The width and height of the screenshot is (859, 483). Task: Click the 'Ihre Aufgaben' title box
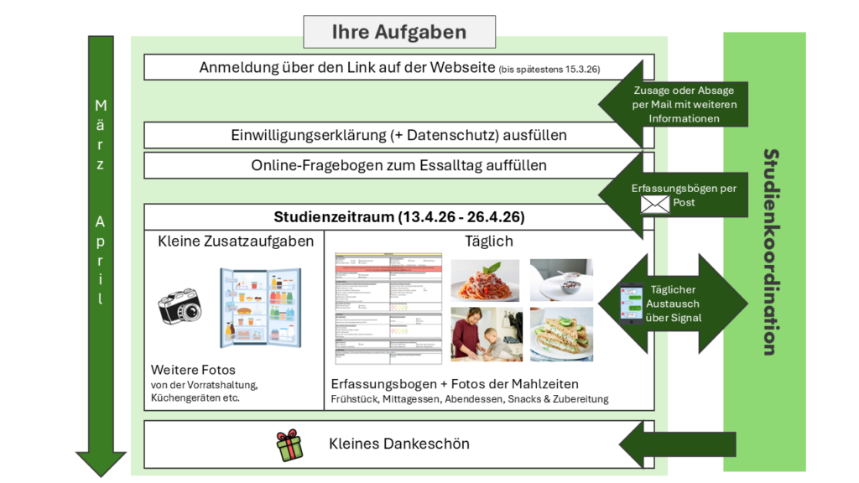(x=398, y=33)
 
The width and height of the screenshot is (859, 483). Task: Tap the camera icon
(x=180, y=307)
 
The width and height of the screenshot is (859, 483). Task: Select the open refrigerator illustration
(x=260, y=307)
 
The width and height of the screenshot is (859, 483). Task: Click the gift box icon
(x=289, y=445)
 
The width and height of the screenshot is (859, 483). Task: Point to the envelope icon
(x=655, y=204)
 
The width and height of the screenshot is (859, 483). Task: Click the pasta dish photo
(x=485, y=280)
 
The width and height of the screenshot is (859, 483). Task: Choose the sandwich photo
(x=561, y=334)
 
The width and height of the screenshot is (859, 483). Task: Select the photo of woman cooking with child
(x=485, y=334)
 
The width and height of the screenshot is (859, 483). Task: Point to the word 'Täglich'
(x=489, y=241)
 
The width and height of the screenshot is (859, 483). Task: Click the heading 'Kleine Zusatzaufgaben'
(x=236, y=241)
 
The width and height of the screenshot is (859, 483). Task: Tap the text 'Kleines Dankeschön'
(x=398, y=444)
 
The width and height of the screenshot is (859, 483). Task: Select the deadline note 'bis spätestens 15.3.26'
(x=549, y=69)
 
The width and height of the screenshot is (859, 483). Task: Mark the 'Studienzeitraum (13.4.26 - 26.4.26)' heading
(x=398, y=217)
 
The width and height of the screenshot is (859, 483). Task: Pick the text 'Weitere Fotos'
(x=193, y=370)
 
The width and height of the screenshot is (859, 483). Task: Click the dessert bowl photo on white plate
(x=561, y=280)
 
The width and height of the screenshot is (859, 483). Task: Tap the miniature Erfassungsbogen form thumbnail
(x=388, y=308)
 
